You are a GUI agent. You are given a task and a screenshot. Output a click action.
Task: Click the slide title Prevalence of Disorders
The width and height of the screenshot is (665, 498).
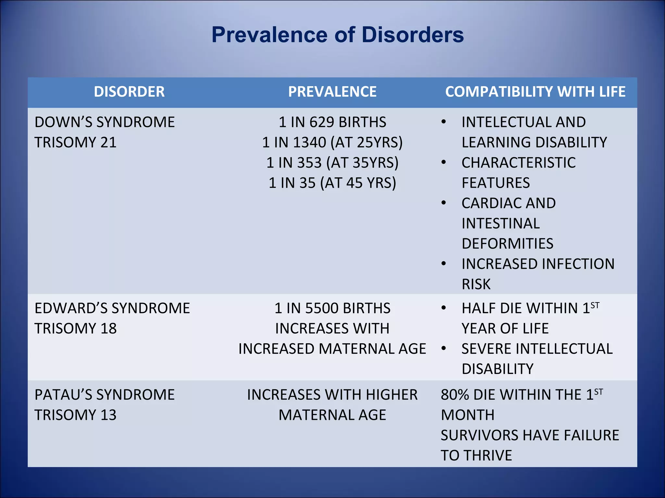337,35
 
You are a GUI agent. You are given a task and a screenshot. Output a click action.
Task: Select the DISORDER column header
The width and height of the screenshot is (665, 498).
129,92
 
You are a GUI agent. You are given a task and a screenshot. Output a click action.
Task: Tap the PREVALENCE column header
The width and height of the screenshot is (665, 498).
332,92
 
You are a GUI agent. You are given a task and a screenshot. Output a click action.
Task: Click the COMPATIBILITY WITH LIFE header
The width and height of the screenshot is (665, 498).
535,92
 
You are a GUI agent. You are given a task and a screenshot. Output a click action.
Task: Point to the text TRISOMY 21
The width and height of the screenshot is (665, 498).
75,143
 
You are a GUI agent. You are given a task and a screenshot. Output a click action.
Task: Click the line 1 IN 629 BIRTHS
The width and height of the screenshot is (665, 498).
332,122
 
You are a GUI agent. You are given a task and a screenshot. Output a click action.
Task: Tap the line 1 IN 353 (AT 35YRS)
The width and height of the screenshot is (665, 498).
332,163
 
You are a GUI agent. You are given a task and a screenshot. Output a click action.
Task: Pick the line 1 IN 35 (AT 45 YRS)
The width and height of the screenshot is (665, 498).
332,183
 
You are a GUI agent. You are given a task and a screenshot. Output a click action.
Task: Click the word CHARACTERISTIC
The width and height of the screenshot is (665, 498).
519,163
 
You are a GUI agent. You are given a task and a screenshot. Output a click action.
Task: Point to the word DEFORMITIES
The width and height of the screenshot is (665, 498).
507,244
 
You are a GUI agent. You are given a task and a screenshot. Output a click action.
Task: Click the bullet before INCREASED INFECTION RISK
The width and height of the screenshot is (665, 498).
444,264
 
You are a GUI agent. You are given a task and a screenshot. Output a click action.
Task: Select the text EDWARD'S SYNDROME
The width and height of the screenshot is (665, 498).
112,308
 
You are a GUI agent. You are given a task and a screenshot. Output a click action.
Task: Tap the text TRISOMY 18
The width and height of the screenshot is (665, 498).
75,329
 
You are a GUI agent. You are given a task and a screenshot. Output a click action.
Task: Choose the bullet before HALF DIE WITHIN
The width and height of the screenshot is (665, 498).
444,308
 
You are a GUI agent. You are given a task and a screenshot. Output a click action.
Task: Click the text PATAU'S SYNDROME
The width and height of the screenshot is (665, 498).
105,395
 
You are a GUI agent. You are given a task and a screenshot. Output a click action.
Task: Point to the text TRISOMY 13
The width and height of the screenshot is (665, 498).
75,415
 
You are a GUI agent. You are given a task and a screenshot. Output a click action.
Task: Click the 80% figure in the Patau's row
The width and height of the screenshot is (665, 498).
455,395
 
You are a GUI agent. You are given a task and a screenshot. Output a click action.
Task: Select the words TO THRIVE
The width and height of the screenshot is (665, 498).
476,456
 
